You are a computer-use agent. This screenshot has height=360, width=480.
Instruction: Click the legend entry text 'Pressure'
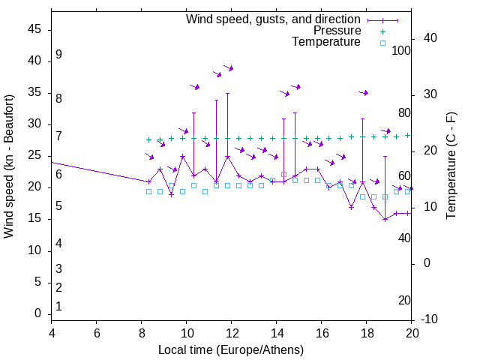click(337, 31)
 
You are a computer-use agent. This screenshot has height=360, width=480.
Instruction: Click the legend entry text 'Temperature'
click(326, 42)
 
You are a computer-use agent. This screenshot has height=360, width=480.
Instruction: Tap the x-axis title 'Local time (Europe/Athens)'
click(231, 350)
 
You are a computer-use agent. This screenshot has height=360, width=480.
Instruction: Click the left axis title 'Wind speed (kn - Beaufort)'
click(9, 166)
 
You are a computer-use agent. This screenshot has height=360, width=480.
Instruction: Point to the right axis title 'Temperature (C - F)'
click(451, 166)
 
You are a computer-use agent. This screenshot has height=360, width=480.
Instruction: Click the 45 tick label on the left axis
click(34, 29)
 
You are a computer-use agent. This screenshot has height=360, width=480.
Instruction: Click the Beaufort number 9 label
click(58, 55)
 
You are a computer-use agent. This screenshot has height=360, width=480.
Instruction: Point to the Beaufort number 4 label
click(58, 243)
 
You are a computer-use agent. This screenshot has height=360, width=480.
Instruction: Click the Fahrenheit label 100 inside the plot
click(401, 50)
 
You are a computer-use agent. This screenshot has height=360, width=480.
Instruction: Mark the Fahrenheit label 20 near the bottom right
click(404, 300)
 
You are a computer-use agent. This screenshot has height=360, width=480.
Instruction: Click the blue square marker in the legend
click(382, 43)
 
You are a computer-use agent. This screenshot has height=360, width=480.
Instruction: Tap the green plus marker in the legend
click(382, 31)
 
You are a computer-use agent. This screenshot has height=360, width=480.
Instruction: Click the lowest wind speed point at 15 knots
click(385, 219)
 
